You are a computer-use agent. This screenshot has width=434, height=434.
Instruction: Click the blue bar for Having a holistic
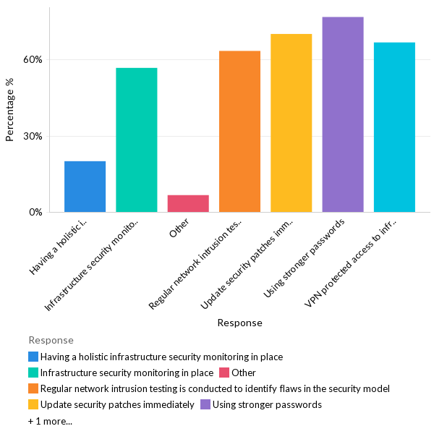pos(85,187)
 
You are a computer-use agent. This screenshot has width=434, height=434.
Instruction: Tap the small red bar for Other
pos(188,203)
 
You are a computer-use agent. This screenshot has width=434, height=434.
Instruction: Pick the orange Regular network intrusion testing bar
pos(239,132)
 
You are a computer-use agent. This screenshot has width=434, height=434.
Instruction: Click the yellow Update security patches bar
pos(291,123)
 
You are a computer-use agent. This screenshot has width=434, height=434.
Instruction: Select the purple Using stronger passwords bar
pos(343,114)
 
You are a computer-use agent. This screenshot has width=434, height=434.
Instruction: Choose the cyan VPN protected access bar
pos(394,127)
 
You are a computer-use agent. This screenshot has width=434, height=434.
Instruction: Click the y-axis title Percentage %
pos(10,109)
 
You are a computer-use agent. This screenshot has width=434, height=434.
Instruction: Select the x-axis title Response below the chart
pos(239,323)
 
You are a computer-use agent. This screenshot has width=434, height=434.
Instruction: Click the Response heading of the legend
pos(51,340)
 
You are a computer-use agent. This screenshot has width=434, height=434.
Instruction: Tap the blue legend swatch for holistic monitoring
pos(33,357)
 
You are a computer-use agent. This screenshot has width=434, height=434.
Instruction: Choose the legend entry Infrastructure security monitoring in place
pos(127,373)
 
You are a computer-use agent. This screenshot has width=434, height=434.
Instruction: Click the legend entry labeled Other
pos(244,373)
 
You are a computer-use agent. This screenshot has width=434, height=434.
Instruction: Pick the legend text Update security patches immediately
pos(117,404)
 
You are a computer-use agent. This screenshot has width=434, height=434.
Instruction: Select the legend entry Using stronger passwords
pos(267,404)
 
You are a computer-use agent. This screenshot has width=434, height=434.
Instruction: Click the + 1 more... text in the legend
pos(50,421)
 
